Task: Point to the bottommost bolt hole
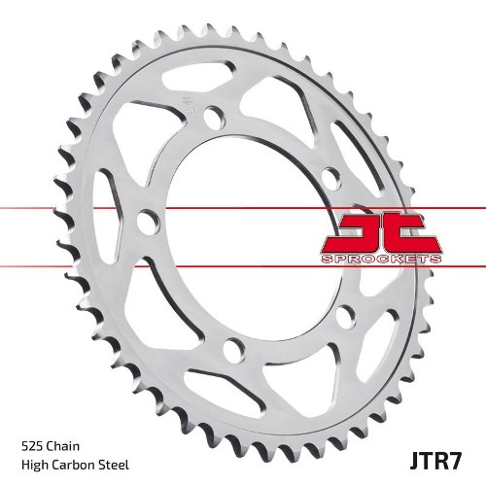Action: [x=232, y=347]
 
